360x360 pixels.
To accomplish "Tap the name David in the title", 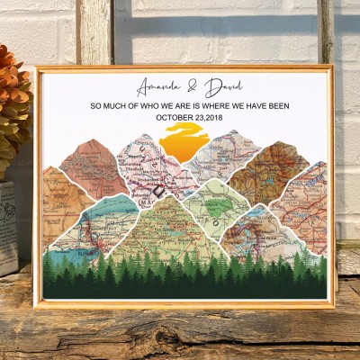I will tap(224, 88).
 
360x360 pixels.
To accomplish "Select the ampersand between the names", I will tap(193, 88).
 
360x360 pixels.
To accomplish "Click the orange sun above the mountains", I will tap(185, 142).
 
